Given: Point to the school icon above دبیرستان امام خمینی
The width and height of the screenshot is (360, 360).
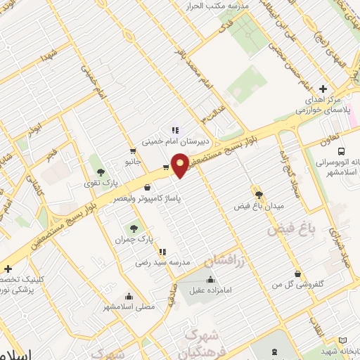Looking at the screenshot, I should pos(175,129).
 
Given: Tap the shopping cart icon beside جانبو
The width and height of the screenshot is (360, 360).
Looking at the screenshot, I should pos(132,150).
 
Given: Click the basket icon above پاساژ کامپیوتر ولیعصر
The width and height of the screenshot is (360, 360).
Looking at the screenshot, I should pos(147,188).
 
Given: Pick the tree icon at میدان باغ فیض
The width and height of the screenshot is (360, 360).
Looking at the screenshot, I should pos(258,195).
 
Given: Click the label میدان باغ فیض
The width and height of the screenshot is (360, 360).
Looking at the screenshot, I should pos(257,207).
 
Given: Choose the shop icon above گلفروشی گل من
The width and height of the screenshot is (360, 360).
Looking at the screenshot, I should pos(299,274).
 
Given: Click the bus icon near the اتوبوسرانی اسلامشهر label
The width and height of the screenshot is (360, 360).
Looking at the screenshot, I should pos(342,151).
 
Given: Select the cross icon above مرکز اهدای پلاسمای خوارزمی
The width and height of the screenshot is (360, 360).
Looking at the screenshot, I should pos(323,89).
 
